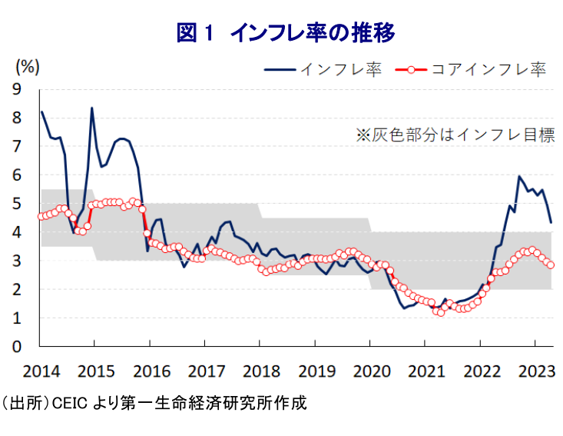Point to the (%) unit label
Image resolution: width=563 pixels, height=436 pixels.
[27, 66]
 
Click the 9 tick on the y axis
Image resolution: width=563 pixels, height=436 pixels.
[18, 90]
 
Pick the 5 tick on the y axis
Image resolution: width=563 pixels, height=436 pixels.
[18, 204]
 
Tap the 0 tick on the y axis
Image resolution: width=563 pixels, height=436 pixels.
[18, 347]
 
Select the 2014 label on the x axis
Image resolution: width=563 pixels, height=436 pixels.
[41, 371]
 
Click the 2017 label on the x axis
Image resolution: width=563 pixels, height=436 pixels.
[205, 371]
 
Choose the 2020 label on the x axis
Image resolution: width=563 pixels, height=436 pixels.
[369, 371]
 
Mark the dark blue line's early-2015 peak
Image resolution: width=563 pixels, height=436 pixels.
[91, 108]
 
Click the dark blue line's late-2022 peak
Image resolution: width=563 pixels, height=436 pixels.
[519, 176]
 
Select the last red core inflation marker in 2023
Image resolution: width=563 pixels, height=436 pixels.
[550, 265]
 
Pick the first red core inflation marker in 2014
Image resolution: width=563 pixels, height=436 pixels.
[41, 216]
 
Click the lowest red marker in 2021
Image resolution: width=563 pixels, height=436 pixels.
[440, 312]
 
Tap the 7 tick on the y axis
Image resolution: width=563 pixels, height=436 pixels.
[18, 147]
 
